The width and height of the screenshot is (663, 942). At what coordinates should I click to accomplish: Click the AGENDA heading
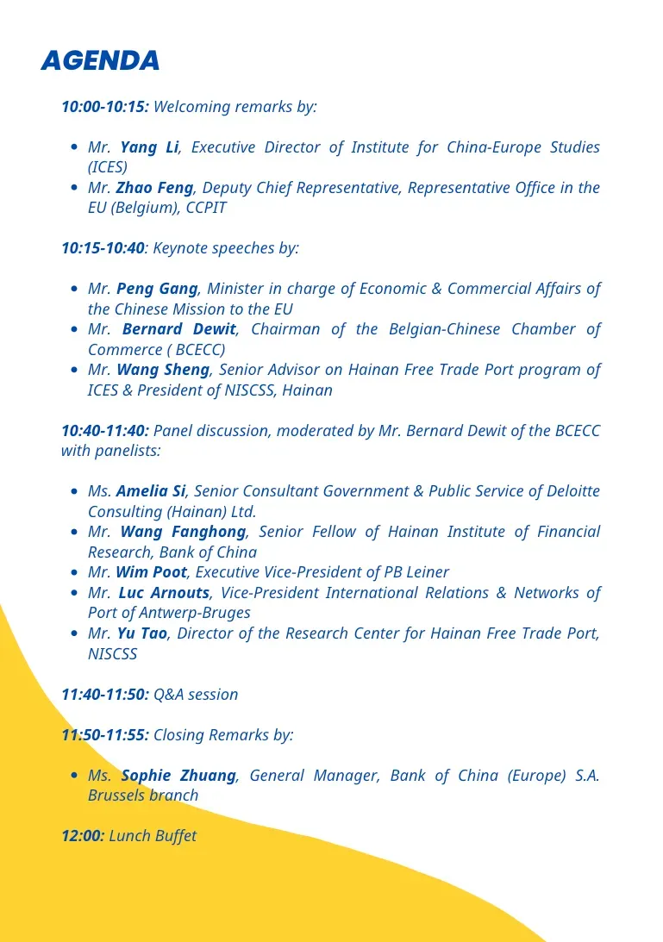[x=100, y=61]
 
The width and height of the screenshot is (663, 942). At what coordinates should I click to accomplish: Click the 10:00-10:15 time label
[x=104, y=107]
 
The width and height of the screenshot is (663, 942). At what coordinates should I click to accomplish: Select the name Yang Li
[x=149, y=147]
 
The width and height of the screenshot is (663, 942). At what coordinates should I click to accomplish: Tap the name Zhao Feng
[x=154, y=188]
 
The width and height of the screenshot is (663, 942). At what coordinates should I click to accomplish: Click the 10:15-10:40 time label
[x=103, y=248]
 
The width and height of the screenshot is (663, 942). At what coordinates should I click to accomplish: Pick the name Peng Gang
[x=157, y=289]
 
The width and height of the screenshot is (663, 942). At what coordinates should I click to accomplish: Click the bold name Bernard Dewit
[x=178, y=329]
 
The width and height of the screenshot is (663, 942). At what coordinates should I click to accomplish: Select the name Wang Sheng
[x=163, y=370]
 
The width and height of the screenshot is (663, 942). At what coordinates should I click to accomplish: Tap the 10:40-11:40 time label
[x=104, y=430]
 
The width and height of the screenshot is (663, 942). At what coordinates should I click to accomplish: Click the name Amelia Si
[x=151, y=491]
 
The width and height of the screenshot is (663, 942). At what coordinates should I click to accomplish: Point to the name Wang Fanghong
[x=183, y=532]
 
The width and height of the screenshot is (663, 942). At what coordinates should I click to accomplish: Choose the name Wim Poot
[x=152, y=572]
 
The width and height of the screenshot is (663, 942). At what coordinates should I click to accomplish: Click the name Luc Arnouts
[x=164, y=593]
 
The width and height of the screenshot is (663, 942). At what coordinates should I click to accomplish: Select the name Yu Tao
[x=142, y=633]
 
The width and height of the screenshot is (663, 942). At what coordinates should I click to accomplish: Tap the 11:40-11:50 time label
[x=104, y=695]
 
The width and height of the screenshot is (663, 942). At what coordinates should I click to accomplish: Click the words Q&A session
[x=196, y=695]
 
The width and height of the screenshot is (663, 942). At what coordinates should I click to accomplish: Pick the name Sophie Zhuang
[x=178, y=776]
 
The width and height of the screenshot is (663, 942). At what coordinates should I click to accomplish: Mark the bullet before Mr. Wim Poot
[x=75, y=572]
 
